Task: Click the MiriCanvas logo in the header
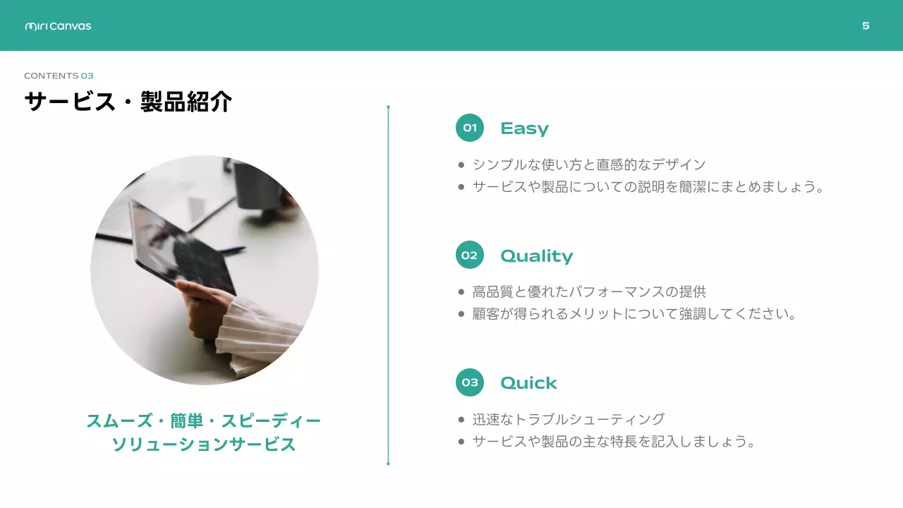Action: coord(58,26)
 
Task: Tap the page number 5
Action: coord(866,26)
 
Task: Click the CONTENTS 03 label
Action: coord(59,75)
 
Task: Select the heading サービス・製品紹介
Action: coord(128,102)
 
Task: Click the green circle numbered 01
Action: coord(470,128)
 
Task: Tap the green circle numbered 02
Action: coord(470,255)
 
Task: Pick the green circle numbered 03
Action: coord(470,382)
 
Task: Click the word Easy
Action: coord(524,128)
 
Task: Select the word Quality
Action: coord(536,255)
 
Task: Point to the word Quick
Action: coord(528,383)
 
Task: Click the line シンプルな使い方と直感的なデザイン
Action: coord(589,165)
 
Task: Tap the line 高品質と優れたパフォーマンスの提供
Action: coord(589,291)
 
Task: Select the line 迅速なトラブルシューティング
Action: coord(569,419)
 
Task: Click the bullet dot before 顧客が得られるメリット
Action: coord(461,314)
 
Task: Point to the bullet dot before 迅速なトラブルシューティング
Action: coord(461,420)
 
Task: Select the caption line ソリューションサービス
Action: coord(204,445)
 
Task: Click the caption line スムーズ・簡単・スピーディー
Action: coord(204,421)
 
